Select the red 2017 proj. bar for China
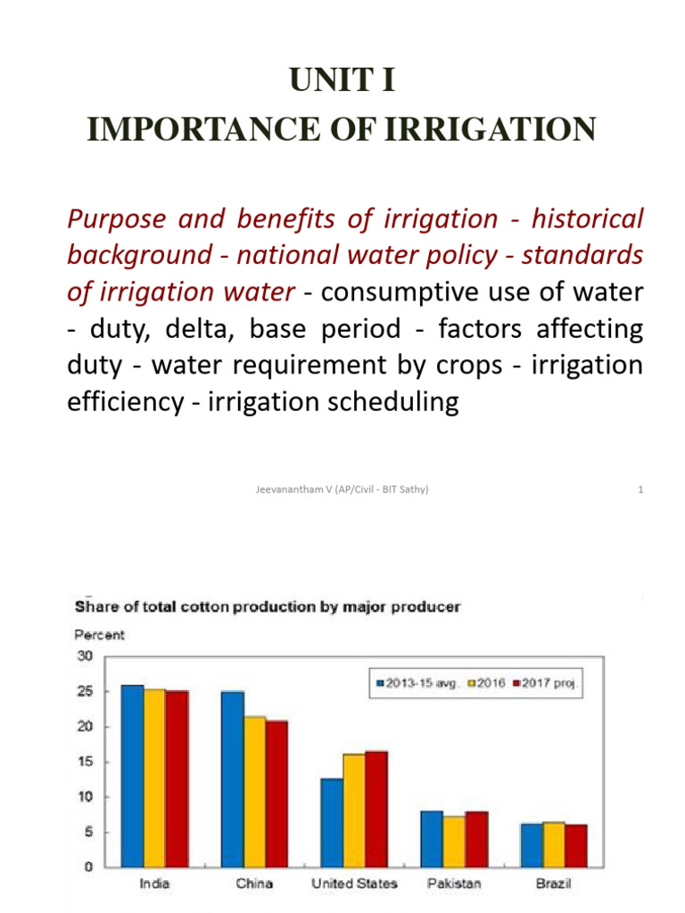[x=276, y=794]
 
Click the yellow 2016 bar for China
[x=254, y=791]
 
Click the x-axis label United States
[x=354, y=884]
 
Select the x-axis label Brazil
[x=553, y=884]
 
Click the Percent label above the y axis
[x=99, y=636]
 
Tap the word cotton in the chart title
[x=219, y=607]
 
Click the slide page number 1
[x=640, y=489]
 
